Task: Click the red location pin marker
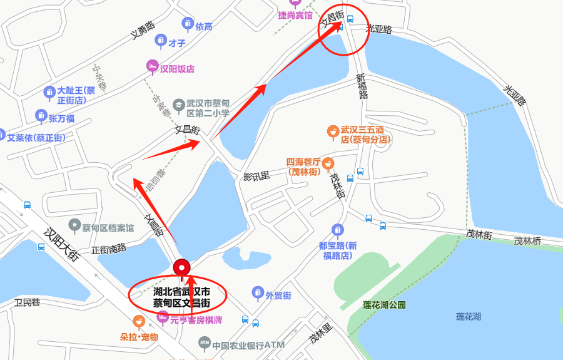[182, 267]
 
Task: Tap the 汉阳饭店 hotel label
[178, 69]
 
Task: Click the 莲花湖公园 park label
[384, 305]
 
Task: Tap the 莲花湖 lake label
[469, 316]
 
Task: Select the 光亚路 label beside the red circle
[378, 29]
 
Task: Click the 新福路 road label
[362, 86]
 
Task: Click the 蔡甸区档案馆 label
[108, 227]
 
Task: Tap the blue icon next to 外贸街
[257, 292]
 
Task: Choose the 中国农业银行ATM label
[248, 345]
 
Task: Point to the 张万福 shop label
[62, 118]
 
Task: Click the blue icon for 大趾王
[49, 93]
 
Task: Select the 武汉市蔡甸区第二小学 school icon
[178, 106]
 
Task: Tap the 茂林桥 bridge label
[527, 240]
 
